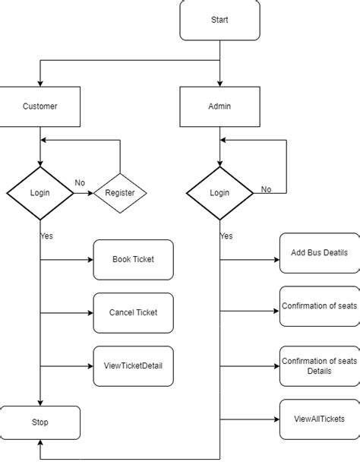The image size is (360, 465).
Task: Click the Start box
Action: [219, 20]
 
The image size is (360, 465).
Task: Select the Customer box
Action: [39, 106]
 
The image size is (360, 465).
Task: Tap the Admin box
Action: [219, 106]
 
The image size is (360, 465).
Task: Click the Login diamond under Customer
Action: [39, 193]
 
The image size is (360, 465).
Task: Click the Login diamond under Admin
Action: [219, 193]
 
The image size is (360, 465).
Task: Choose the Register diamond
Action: [119, 193]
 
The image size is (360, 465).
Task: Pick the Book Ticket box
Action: [133, 260]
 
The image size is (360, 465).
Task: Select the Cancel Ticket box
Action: [133, 312]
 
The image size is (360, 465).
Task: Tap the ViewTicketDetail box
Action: [133, 365]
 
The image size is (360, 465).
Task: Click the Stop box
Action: [39, 422]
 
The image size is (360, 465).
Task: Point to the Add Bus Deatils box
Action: [319, 253]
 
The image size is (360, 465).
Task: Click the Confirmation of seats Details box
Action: [319, 365]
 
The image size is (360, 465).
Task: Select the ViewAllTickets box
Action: [319, 419]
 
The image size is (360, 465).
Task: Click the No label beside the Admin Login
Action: [266, 189]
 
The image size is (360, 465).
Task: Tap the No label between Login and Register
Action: [80, 183]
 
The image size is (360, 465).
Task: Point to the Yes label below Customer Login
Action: [46, 236]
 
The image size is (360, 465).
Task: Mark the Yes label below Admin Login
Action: [226, 236]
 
